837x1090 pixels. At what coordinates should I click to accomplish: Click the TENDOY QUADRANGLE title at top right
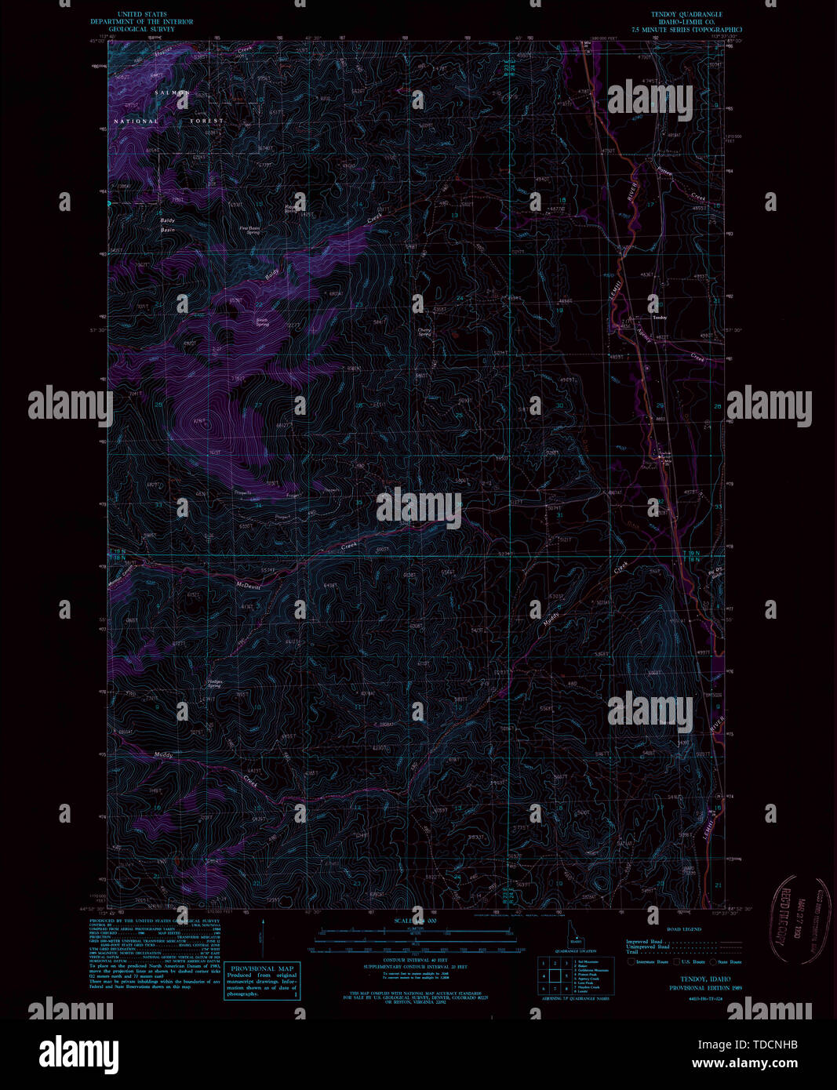[686, 14]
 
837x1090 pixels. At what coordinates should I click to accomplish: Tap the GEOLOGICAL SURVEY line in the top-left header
[141, 29]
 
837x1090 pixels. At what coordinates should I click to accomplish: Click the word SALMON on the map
[172, 93]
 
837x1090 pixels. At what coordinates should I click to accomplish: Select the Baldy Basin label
[168, 226]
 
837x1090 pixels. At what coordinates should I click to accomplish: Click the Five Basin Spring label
[250, 231]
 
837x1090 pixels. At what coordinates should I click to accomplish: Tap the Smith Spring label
[261, 322]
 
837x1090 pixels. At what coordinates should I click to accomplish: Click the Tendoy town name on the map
[659, 318]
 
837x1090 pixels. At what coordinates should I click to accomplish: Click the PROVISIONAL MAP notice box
[262, 980]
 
